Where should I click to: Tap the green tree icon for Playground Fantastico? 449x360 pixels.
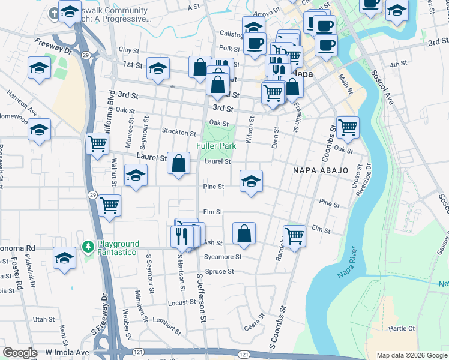pyautogui.click(x=88, y=247)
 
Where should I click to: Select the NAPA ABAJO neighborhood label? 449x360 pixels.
pyautogui.click(x=321, y=170)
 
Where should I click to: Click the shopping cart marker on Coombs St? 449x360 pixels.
pyautogui.click(x=348, y=127)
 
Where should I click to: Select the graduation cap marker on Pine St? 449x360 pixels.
pyautogui.click(x=251, y=181)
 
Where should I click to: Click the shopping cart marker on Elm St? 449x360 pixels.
pyautogui.click(x=294, y=235)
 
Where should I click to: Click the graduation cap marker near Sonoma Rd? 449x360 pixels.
pyautogui.click(x=64, y=257)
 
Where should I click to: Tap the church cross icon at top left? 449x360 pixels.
pyautogui.click(x=55, y=13)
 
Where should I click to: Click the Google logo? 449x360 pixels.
pyautogui.click(x=20, y=353)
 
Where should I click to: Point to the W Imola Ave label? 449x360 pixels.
pyautogui.click(x=67, y=352)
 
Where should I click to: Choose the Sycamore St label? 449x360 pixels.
pyautogui.click(x=223, y=257)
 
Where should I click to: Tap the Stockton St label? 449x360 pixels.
pyautogui.click(x=178, y=132)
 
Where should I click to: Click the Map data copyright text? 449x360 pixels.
pyautogui.click(x=411, y=355)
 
